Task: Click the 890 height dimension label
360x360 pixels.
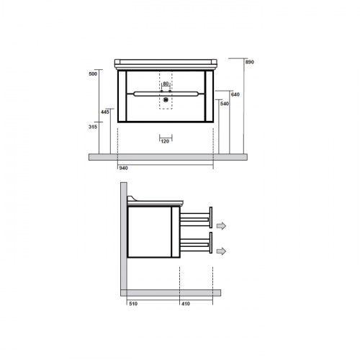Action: point(250,62)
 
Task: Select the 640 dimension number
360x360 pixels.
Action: point(235,94)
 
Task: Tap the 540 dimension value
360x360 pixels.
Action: point(225,104)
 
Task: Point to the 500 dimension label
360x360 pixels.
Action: point(93,74)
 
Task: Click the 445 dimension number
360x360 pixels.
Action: point(105,112)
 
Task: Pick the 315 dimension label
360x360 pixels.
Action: point(93,127)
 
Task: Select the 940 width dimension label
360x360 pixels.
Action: point(123,168)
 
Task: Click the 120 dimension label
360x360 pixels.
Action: point(165,141)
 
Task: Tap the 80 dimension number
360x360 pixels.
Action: point(166,84)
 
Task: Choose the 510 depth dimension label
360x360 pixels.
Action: point(133,304)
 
